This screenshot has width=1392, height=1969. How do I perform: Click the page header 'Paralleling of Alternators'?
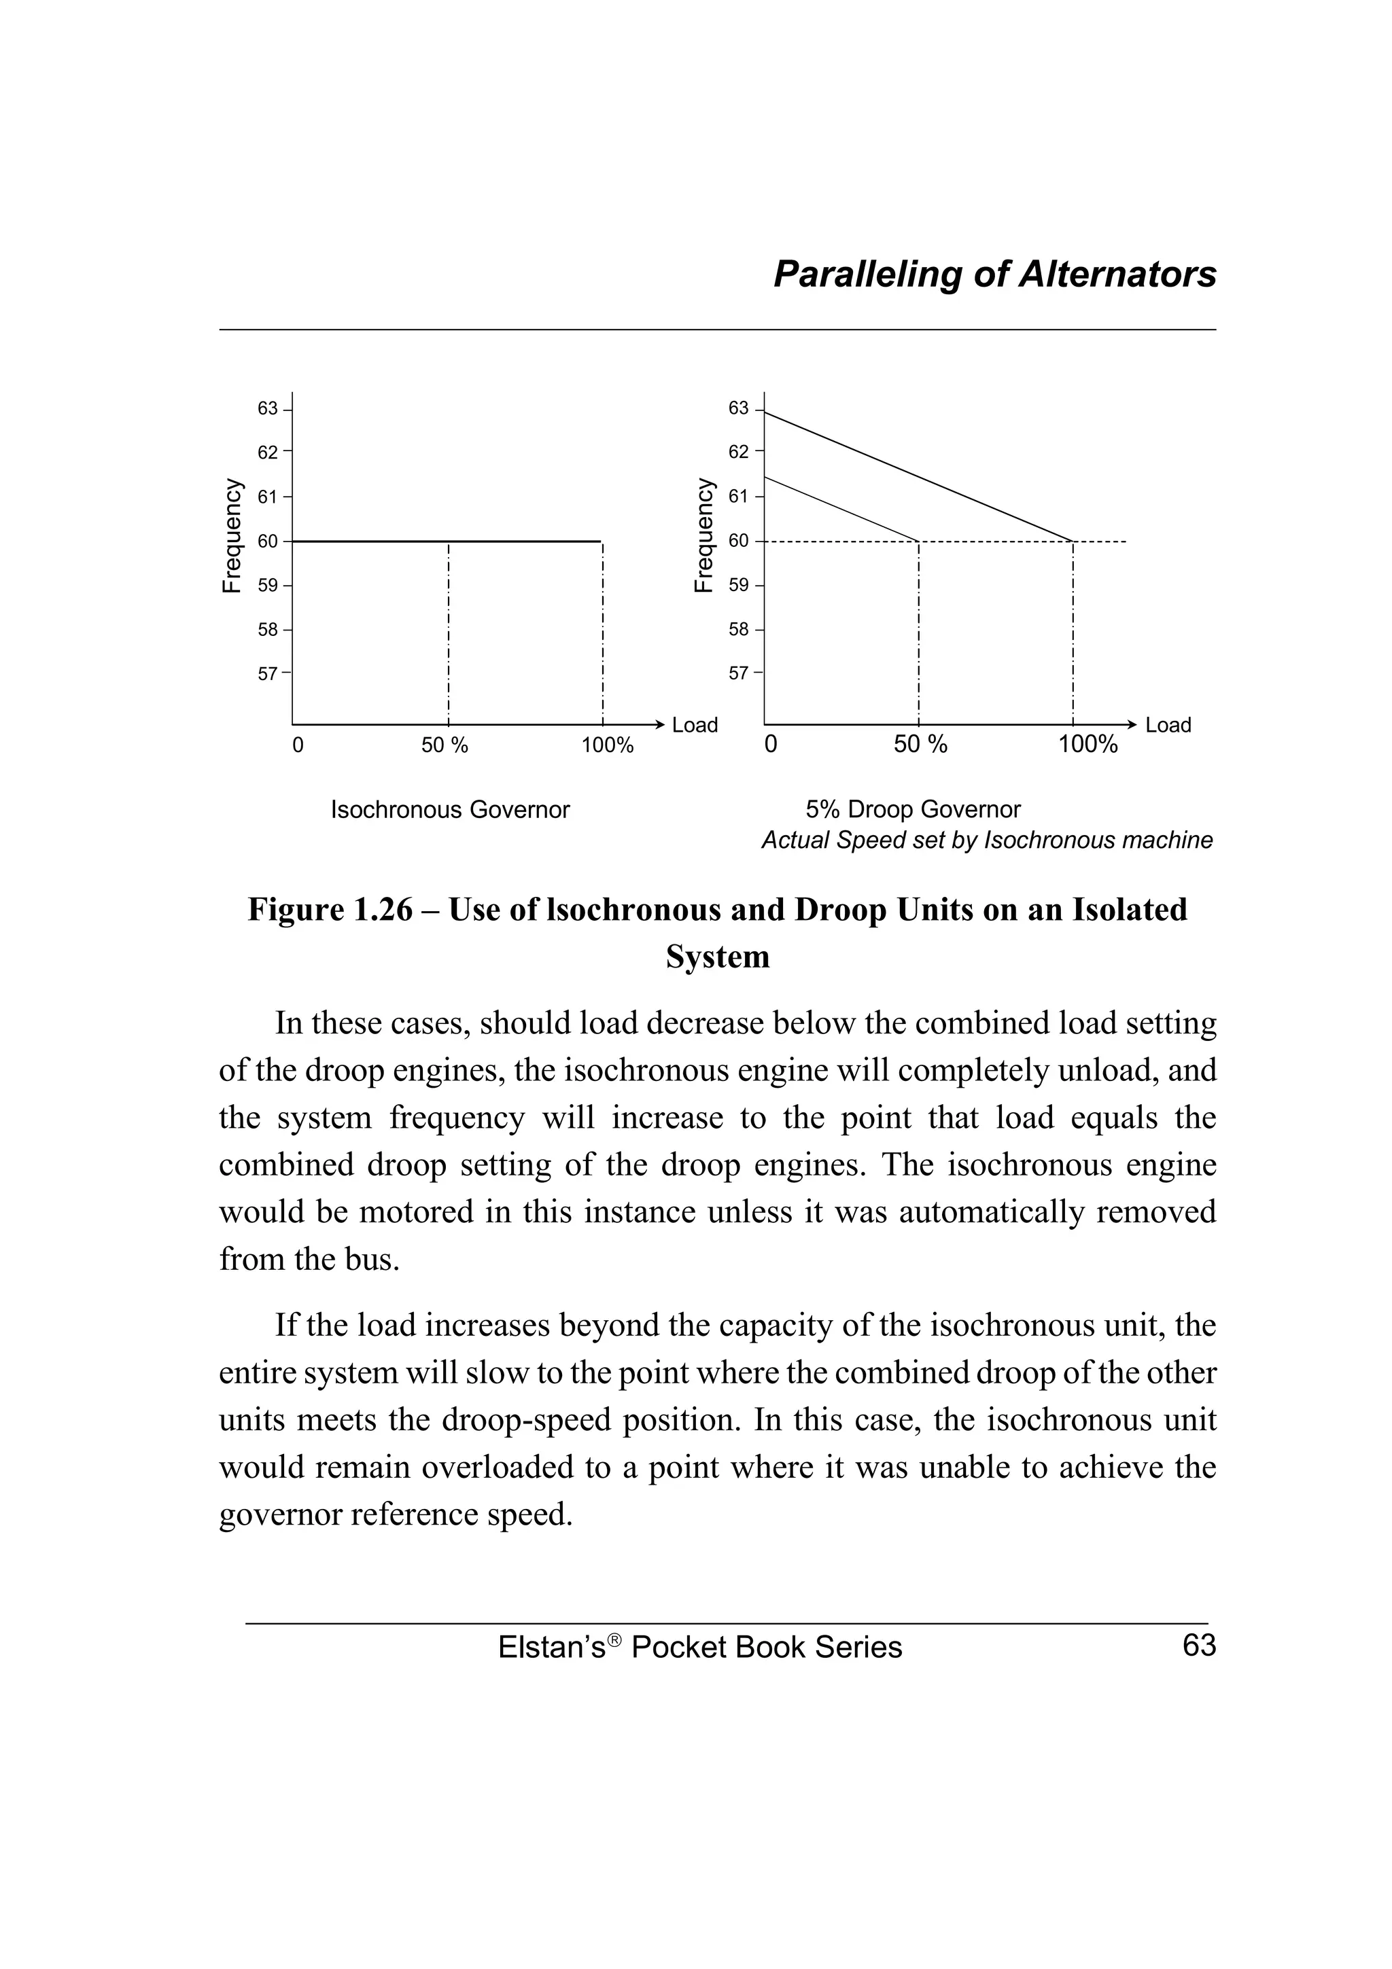point(994,274)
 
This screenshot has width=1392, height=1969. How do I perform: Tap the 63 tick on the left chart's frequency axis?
point(268,408)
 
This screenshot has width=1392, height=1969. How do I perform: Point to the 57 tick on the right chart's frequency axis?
point(739,673)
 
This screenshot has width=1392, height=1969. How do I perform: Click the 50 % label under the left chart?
point(445,745)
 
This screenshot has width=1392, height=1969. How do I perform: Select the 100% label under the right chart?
point(1087,745)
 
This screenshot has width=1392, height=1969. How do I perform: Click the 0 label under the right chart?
point(770,745)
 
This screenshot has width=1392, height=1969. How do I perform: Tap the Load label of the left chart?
point(694,725)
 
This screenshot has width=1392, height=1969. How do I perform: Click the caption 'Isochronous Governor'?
point(450,810)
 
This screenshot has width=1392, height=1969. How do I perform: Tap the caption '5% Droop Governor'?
point(913,810)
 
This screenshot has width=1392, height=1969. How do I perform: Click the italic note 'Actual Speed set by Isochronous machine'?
point(986,840)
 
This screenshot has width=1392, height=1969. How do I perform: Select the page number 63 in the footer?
point(1198,1646)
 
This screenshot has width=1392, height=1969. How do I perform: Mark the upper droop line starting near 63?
point(918,477)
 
